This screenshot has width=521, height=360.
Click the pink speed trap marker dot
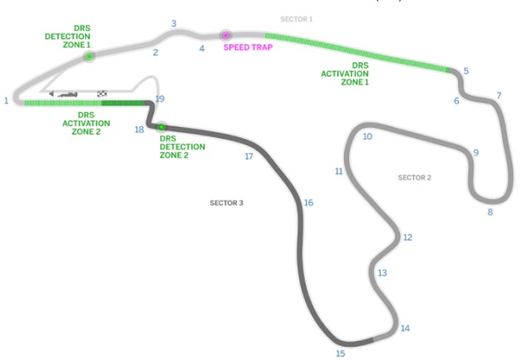[226, 35]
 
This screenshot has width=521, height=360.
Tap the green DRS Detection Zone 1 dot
[89, 57]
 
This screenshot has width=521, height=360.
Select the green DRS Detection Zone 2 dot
[161, 126]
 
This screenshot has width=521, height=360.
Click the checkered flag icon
[102, 94]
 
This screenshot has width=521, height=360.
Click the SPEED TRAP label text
[248, 47]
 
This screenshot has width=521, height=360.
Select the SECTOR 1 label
[297, 19]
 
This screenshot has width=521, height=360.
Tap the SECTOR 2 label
[415, 178]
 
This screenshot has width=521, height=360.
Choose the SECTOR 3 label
[226, 203]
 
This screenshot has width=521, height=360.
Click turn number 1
[6, 101]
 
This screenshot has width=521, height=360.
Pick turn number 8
[490, 212]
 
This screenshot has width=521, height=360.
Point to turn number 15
[340, 353]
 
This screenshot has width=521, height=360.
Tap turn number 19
[160, 99]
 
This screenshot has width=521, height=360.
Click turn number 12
[408, 237]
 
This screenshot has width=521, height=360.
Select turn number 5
[466, 71]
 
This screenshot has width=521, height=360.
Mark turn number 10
[367, 136]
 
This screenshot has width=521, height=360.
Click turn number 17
[249, 156]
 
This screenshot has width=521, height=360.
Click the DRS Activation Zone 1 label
[345, 73]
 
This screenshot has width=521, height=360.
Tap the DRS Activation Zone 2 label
[86, 123]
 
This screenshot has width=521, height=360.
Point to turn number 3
[174, 23]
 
